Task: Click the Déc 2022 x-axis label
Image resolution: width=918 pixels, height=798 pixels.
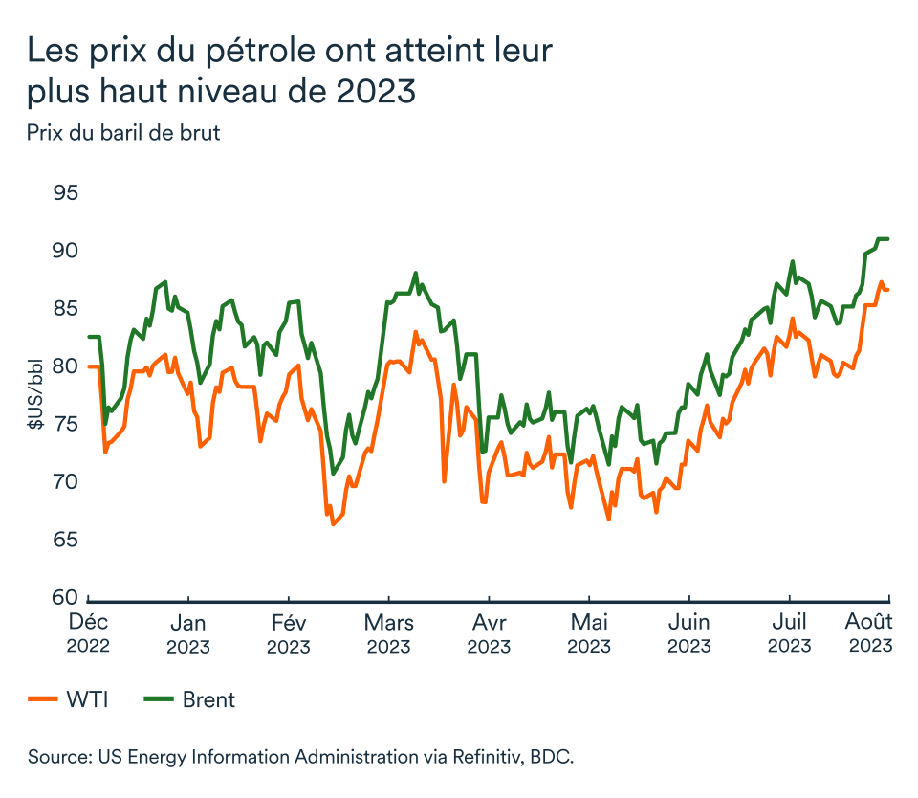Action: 88,632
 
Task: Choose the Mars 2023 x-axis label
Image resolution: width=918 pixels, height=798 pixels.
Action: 389,632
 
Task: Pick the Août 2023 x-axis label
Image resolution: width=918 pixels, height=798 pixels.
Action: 870,632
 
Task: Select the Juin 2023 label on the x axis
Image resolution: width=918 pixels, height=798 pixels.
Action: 689,632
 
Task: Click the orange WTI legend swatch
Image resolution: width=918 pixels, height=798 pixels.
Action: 42,699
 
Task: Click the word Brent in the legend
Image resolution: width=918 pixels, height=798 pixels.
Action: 208,699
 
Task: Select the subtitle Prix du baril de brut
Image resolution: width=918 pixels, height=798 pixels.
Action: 123,133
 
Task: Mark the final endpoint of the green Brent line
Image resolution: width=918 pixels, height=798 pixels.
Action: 888,239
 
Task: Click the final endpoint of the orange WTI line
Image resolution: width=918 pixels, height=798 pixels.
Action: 888,290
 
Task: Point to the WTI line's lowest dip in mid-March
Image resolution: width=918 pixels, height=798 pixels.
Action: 333,524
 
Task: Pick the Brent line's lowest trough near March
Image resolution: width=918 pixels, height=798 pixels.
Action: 333,474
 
